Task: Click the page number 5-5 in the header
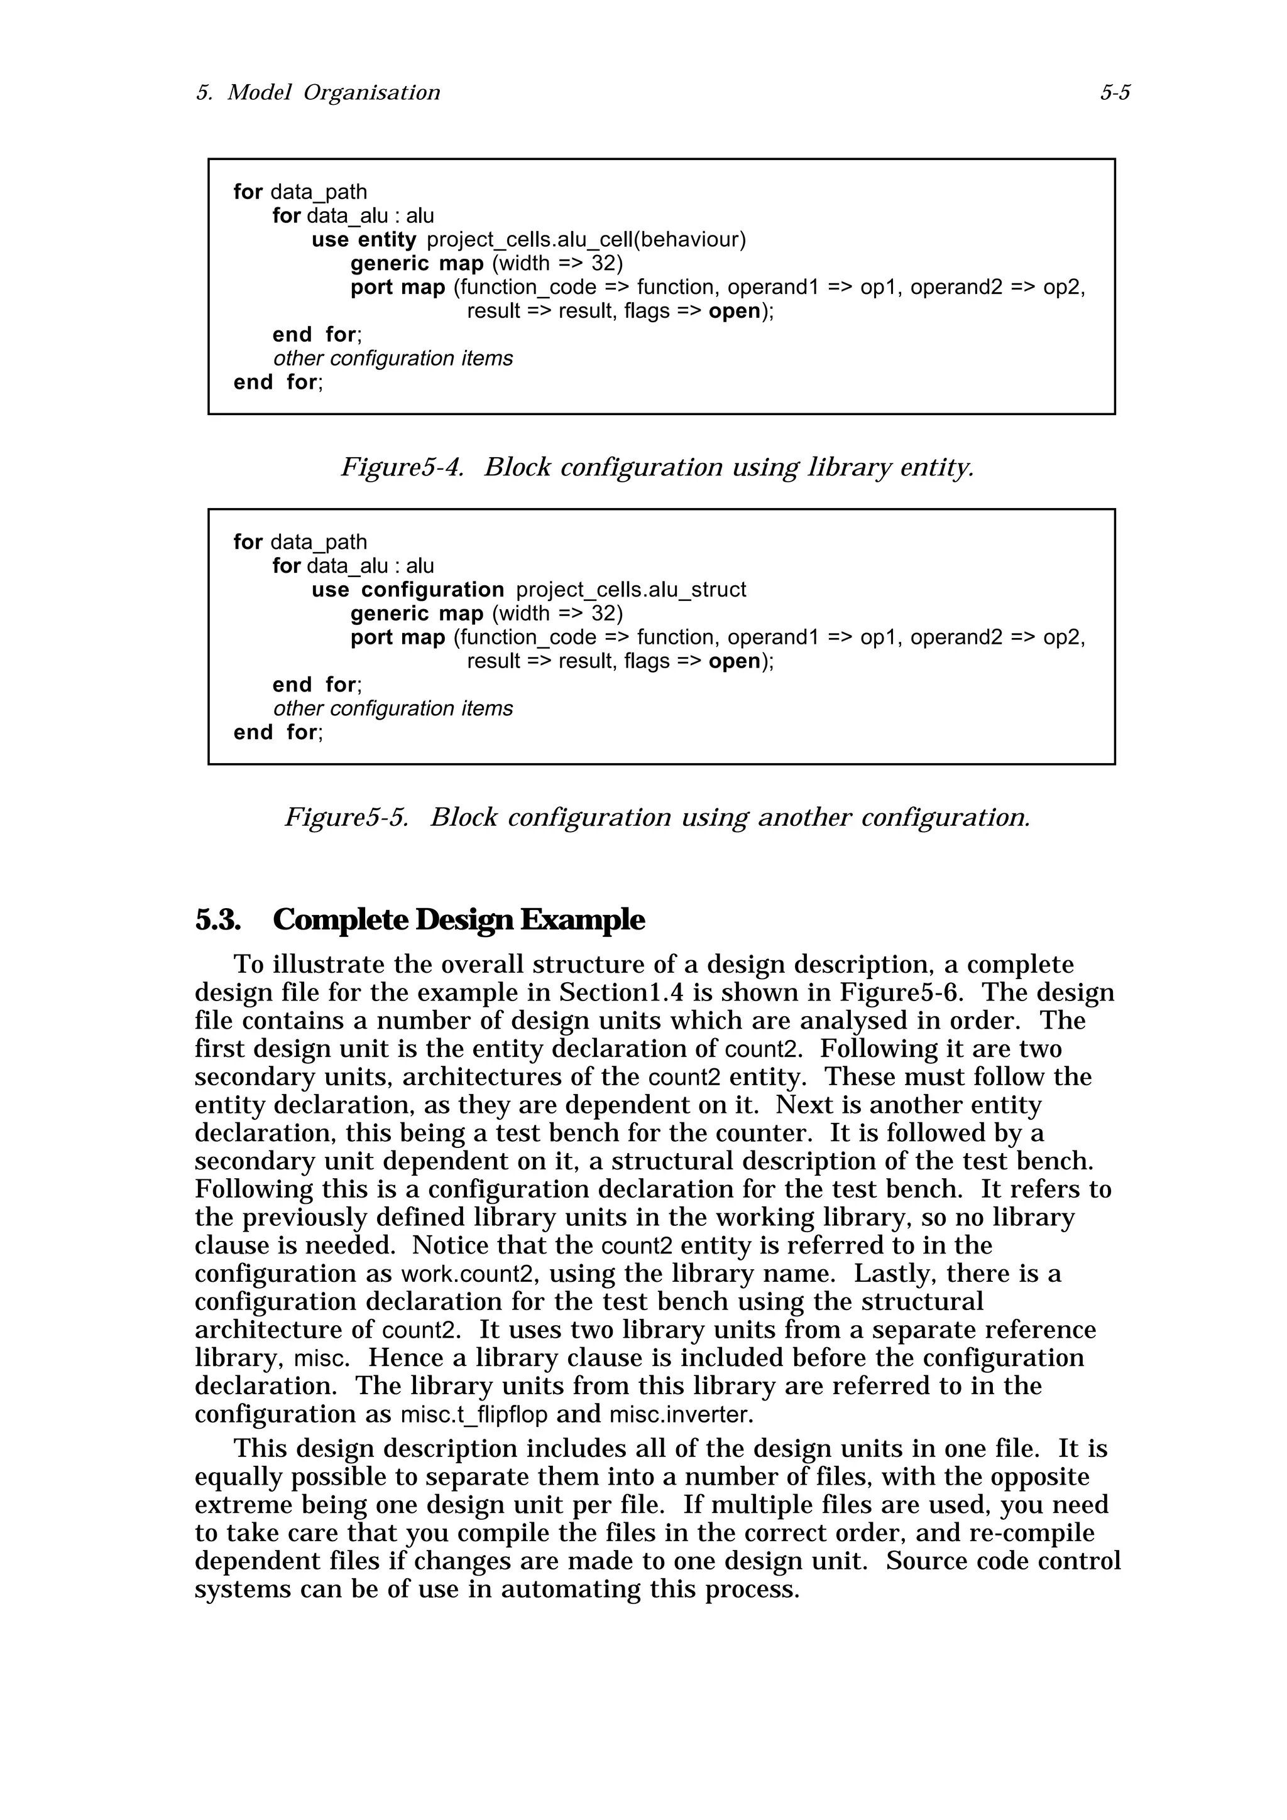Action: pos(1114,94)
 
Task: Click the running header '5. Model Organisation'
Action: pos(318,94)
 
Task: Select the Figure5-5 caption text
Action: pos(657,817)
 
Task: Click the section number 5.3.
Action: pos(217,920)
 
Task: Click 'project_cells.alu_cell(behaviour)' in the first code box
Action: pos(586,239)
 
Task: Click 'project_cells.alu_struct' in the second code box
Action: pos(630,590)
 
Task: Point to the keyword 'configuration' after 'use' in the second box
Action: pos(432,590)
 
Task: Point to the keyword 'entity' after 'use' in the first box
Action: pos(387,239)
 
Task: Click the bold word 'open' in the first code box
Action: pos(734,311)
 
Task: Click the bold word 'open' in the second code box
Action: pos(734,661)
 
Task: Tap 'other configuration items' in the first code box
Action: pos(393,359)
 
